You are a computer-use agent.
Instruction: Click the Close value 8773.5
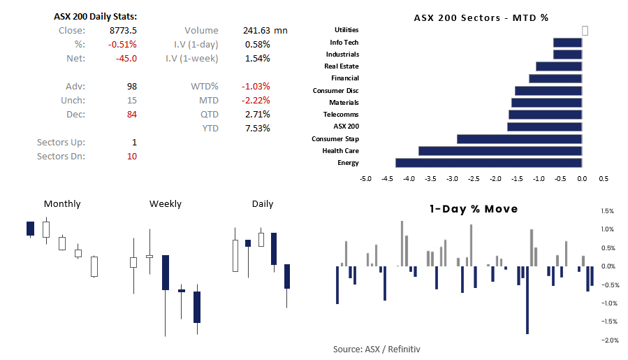pos(124,30)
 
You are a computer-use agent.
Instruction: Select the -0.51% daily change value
pos(124,44)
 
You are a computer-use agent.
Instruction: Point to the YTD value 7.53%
pos(258,128)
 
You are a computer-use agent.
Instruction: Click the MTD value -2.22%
pos(255,100)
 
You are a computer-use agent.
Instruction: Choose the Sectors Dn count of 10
pos(131,156)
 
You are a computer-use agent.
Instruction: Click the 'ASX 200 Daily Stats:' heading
pos(95,16)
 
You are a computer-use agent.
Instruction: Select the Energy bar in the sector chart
pos(488,163)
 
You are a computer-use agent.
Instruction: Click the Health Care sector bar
pos(500,150)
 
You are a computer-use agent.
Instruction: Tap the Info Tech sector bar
pos(567,43)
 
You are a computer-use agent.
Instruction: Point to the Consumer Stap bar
pos(519,138)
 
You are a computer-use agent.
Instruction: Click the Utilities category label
pos(346,30)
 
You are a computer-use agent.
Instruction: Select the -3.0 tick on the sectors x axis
pos(452,179)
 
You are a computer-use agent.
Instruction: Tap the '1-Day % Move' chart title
pos(474,209)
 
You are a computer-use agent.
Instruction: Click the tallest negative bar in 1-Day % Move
pos(527,300)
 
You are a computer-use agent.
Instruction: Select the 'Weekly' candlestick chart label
pos(165,204)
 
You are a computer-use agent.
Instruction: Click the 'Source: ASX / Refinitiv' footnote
pos(377,349)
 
